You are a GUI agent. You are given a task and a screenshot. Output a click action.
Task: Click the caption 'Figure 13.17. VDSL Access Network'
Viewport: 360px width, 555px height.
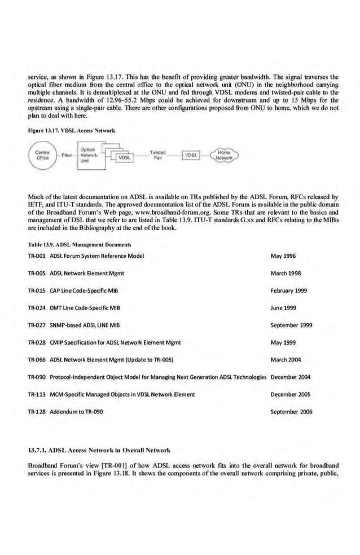pyautogui.click(x=71, y=130)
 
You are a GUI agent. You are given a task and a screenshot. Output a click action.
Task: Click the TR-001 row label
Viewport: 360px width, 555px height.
pyautogui.click(x=37, y=256)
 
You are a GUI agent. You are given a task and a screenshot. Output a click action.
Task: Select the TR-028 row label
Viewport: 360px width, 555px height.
pyautogui.click(x=37, y=342)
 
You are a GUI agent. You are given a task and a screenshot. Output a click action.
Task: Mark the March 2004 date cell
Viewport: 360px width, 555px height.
pyautogui.click(x=288, y=359)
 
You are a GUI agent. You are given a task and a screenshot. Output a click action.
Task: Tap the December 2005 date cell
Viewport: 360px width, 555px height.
pyautogui.click(x=291, y=394)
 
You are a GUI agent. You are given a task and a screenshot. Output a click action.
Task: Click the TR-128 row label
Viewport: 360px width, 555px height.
pyautogui.click(x=37, y=412)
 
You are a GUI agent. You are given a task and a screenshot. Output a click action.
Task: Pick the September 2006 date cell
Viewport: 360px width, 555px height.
pyautogui.click(x=292, y=412)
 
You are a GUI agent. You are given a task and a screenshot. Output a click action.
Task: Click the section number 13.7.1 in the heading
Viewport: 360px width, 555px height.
pyautogui.click(x=38, y=451)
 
